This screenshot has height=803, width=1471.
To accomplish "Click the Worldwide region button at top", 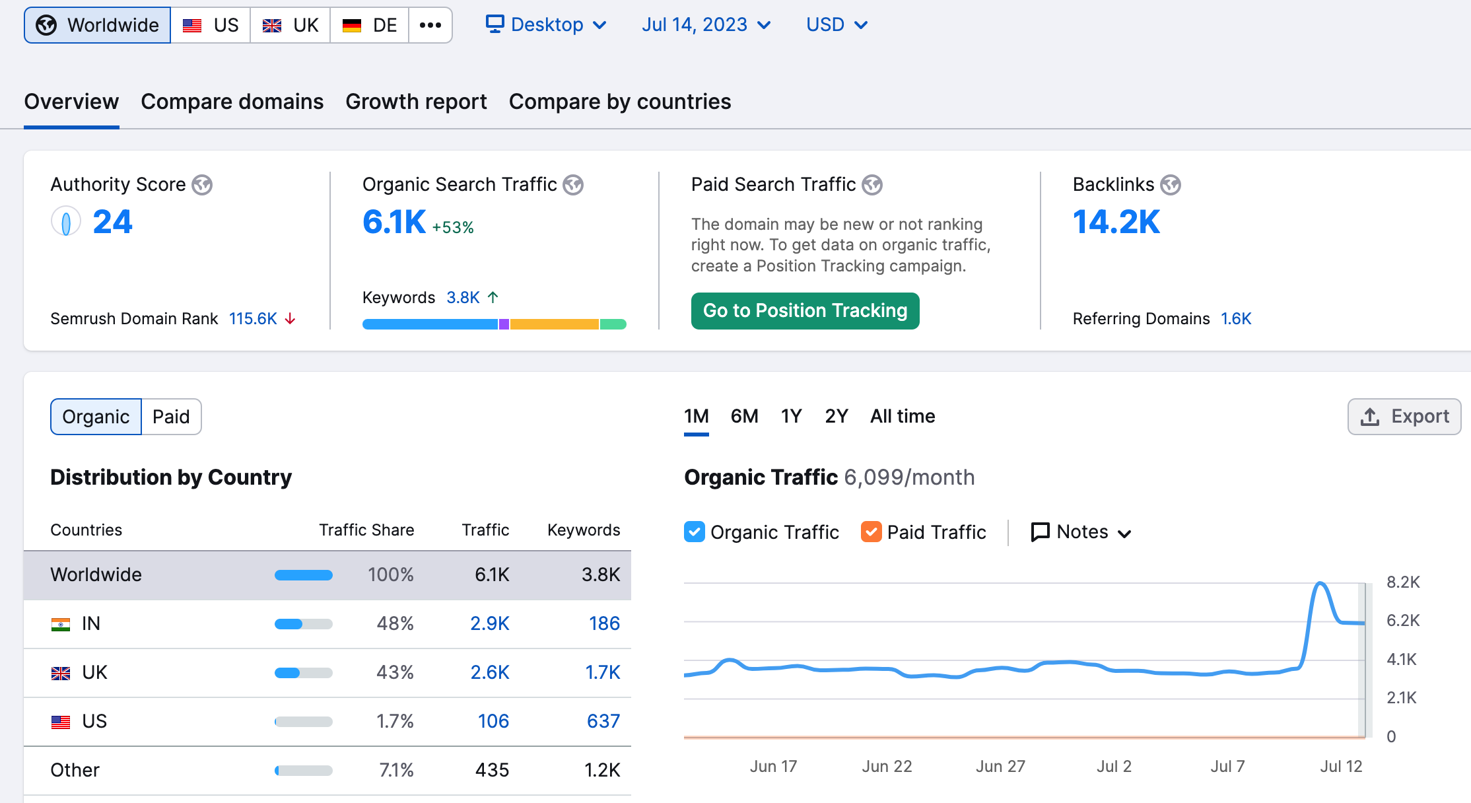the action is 98,25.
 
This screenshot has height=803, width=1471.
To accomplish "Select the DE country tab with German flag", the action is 369,25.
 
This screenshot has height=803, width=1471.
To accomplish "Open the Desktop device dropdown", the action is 546,25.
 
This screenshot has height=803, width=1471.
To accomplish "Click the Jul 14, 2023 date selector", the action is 706,25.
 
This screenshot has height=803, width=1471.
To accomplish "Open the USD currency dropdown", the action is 837,25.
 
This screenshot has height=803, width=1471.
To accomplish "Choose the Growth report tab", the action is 416,102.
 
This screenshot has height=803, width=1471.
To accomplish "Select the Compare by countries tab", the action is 620,102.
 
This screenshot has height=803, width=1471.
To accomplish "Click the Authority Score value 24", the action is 112,221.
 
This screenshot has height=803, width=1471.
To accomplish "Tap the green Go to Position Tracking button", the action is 805,311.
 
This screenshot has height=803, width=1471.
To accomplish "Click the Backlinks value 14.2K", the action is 1116,221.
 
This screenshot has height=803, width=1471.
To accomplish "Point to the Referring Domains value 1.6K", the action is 1236,319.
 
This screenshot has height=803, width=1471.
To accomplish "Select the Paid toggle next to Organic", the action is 171,417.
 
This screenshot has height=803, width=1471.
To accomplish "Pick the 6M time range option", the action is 744,416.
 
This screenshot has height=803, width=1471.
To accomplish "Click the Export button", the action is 1404,416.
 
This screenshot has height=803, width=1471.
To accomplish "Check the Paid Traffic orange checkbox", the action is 871,532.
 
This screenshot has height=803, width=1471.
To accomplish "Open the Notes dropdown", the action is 1081,532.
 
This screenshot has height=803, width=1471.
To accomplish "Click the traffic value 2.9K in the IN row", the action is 489,623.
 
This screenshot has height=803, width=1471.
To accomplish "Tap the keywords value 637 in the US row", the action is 603,721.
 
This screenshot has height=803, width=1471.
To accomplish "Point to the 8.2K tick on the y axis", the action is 1403,582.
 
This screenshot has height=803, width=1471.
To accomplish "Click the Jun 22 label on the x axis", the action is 887,766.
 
